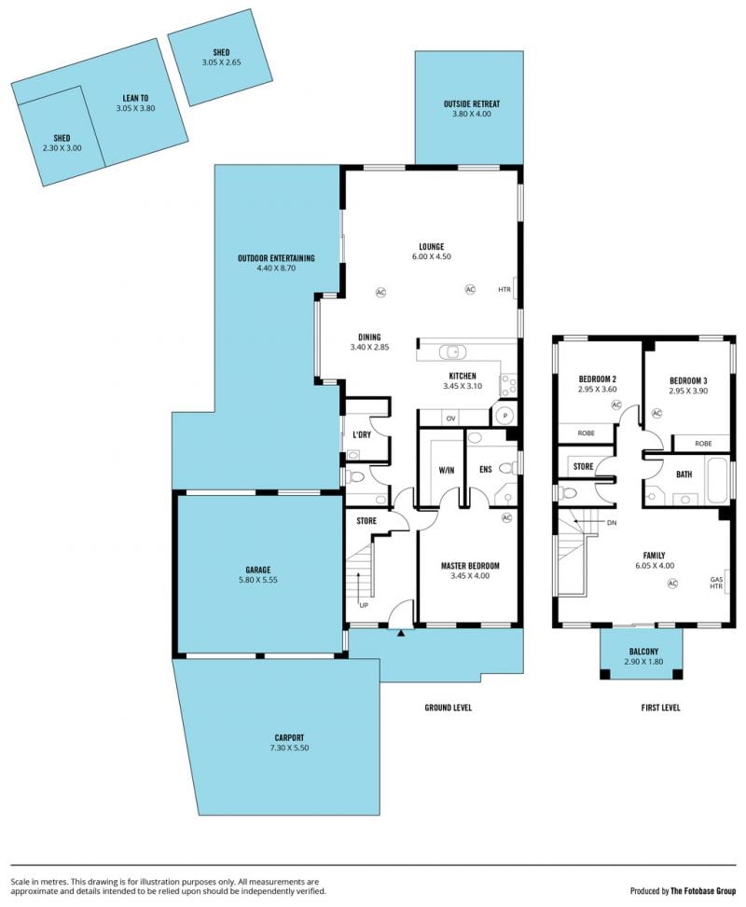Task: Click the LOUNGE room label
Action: (431, 246)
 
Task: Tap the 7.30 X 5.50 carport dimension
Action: (289, 748)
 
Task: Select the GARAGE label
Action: (257, 570)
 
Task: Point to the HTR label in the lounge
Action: (504, 289)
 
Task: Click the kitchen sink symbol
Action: (452, 351)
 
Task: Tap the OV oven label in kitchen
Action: (450, 419)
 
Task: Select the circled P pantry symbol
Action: (504, 416)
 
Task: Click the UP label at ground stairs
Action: (364, 605)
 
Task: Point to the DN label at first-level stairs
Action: (612, 522)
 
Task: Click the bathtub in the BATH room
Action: (718, 480)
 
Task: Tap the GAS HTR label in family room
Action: (716, 583)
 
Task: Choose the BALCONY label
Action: (643, 652)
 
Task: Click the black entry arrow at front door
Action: (400, 633)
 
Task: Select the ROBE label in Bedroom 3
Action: (703, 444)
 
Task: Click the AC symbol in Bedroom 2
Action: (615, 405)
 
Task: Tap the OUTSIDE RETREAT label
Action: (472, 104)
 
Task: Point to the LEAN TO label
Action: (135, 98)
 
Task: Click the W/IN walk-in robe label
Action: (447, 470)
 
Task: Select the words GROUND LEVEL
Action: (448, 708)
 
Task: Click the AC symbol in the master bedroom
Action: (506, 517)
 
